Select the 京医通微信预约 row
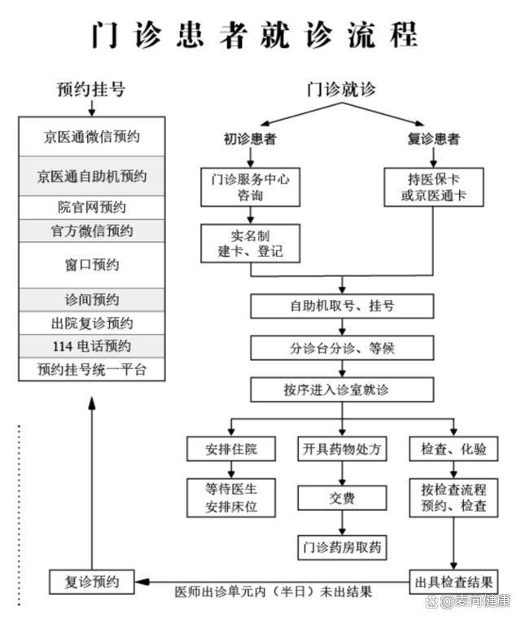[x=91, y=137]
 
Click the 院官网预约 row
[x=91, y=207]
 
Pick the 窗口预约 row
[x=91, y=265]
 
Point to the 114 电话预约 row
[x=91, y=345]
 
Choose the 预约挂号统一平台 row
[x=91, y=369]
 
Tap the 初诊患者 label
[x=250, y=139]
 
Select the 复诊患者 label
[x=433, y=139]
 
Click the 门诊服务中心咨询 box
[x=250, y=187]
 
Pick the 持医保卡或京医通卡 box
[x=433, y=187]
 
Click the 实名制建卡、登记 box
[x=250, y=243]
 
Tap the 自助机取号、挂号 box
[x=342, y=306]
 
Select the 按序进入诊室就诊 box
[x=342, y=389]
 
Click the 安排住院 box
[x=231, y=449]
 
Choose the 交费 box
[x=342, y=499]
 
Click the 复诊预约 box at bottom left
[x=91, y=582]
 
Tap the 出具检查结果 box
[x=453, y=582]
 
